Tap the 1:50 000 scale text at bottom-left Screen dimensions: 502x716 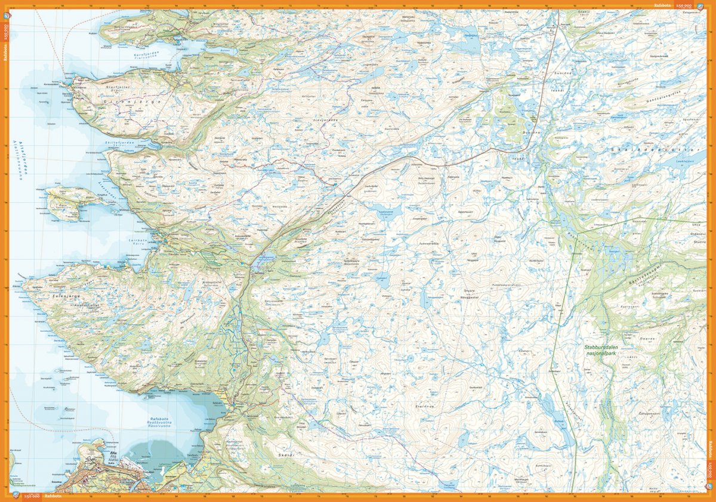(x=31, y=496)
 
